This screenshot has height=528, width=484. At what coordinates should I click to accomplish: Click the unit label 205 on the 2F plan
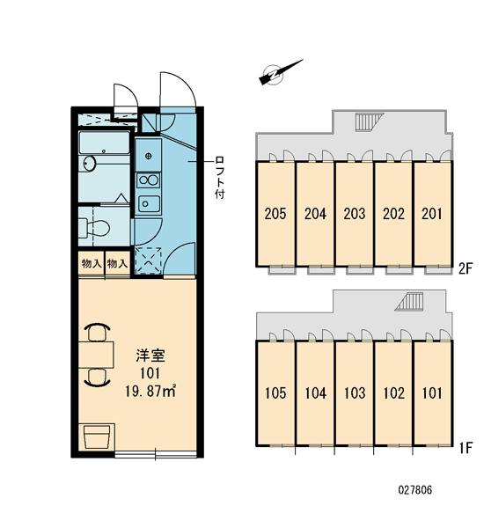(275, 214)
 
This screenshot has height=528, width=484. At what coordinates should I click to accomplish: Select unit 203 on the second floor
(355, 214)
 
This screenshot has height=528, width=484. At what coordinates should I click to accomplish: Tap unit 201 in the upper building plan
(432, 214)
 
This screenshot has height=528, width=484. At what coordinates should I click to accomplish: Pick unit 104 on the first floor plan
(315, 393)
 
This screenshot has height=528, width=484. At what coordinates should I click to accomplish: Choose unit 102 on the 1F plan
(393, 393)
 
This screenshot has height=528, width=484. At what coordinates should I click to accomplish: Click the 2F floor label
(466, 268)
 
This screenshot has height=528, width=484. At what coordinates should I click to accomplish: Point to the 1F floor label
(466, 448)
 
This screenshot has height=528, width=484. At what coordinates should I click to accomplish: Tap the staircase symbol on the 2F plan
(370, 122)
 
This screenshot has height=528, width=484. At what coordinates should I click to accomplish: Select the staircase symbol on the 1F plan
(409, 301)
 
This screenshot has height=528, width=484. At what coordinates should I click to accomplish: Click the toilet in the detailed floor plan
(94, 228)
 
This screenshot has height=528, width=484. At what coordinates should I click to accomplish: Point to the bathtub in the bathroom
(104, 143)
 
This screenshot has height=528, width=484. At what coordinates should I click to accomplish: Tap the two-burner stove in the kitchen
(149, 180)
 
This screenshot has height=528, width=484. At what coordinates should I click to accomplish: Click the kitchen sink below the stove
(149, 204)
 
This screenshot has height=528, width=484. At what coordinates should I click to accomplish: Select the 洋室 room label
(150, 356)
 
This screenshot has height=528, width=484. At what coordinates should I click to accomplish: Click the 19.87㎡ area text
(150, 392)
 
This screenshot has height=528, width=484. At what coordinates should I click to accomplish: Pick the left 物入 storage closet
(92, 263)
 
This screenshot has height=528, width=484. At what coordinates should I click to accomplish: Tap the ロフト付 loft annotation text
(220, 178)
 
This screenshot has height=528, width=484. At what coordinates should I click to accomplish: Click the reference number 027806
(415, 489)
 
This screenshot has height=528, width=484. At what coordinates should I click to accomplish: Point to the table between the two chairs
(96, 355)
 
